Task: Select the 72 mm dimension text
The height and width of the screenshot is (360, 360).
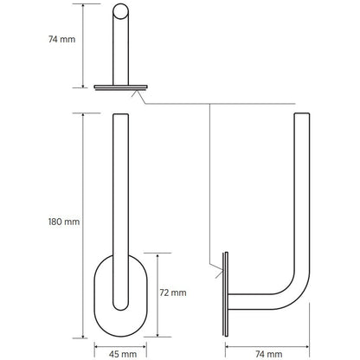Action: [174, 293]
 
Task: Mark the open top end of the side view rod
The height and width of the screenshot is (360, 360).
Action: [302, 114]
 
